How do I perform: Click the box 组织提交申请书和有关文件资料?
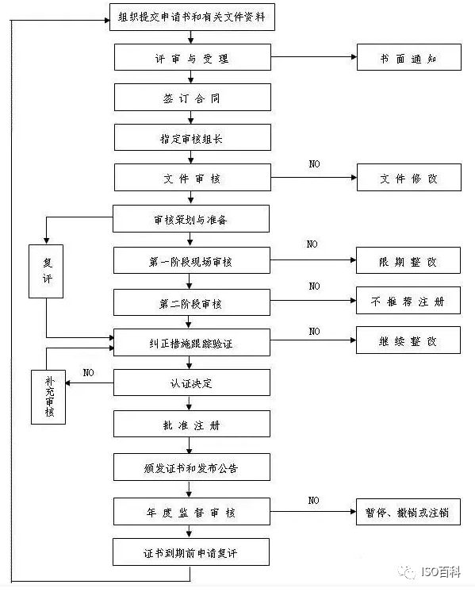tap(191, 17)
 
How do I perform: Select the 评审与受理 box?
tap(192, 58)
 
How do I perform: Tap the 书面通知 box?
tap(408, 58)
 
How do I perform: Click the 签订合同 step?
tap(192, 97)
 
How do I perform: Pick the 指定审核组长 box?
tap(192, 137)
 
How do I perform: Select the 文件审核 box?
tap(192, 179)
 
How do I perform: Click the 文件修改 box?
tap(408, 179)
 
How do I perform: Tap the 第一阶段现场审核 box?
tap(192, 261)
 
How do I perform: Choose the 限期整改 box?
tap(408, 261)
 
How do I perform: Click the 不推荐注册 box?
tap(408, 302)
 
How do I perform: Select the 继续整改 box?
tap(408, 340)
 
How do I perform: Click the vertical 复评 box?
tap(45, 271)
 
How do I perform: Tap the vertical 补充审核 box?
tap(48, 396)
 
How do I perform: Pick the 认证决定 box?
tap(192, 383)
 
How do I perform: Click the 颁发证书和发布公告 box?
tap(192, 467)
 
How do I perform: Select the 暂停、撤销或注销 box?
tap(408, 512)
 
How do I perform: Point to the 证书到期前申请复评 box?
tap(192, 551)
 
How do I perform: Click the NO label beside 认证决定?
tap(89, 372)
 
